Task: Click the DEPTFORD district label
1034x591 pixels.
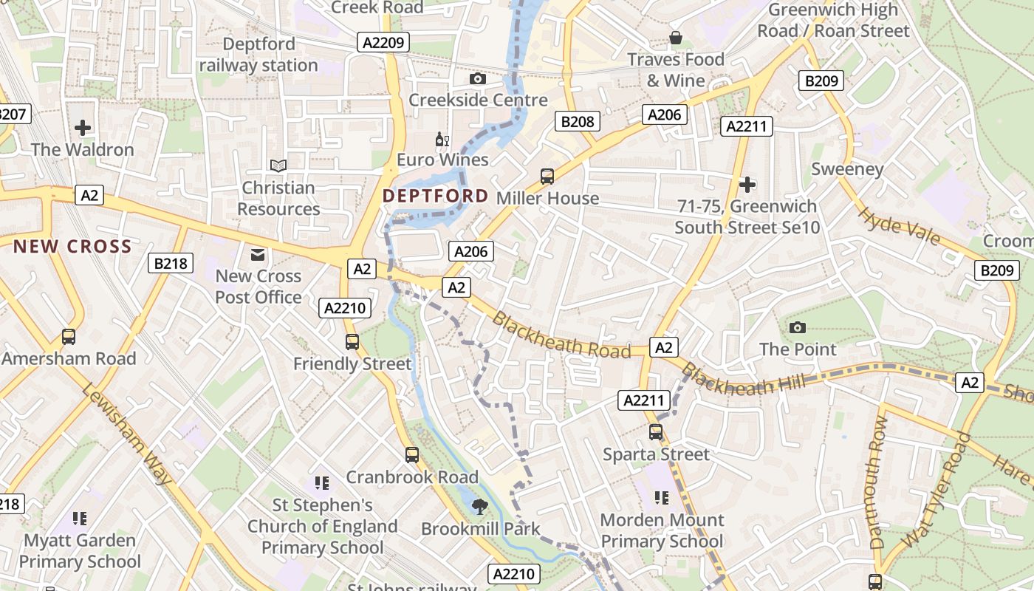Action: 436,196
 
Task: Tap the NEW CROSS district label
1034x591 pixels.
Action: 72,247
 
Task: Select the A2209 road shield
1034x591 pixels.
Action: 384,42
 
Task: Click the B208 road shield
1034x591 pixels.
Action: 577,121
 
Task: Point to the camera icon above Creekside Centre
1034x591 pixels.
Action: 478,78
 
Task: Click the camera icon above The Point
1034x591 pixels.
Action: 798,327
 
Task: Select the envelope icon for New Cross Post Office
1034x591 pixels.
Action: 258,255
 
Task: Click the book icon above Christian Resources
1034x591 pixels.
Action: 278,165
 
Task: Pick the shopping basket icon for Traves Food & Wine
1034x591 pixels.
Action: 675,38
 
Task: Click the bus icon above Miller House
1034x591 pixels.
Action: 547,176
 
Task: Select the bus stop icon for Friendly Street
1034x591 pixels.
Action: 352,342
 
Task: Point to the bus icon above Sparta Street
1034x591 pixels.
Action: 656,432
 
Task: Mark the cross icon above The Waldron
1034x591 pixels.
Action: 83,128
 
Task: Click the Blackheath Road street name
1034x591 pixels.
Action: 561,335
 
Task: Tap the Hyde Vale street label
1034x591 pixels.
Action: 899,225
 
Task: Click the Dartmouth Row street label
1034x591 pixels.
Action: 878,482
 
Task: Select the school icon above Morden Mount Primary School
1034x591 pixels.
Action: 662,498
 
